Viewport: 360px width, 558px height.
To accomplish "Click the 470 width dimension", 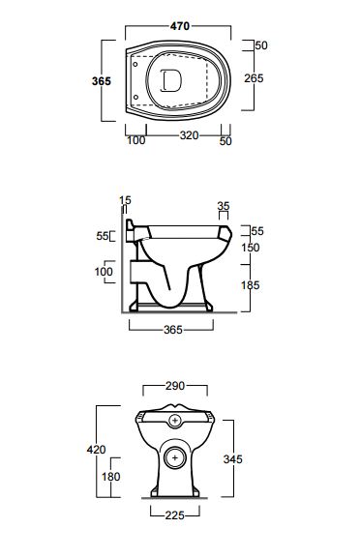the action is pos(180,26).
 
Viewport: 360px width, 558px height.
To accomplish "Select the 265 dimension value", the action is pos(254,78).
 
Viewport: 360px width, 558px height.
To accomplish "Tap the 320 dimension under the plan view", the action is pos(189,135).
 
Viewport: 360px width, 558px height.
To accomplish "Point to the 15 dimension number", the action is pos(126,200).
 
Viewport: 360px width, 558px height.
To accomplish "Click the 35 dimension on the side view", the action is pos(224,206).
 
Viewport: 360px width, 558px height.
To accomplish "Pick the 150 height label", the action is pos(251,248).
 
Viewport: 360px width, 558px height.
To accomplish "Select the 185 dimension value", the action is pos(251,285).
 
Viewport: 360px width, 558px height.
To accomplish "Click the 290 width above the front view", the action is pos(175,386).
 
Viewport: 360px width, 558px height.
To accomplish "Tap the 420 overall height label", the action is pos(96,450).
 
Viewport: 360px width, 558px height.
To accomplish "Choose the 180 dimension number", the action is pos(110,477).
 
